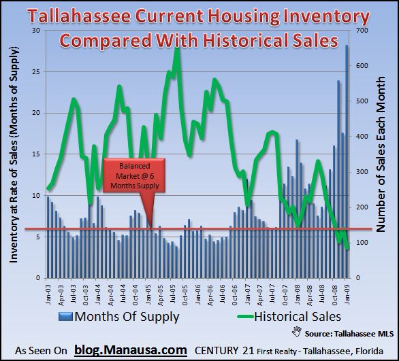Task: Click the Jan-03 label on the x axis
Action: coord(48,293)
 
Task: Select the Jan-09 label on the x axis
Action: coord(347,293)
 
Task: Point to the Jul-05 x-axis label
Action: coord(173,293)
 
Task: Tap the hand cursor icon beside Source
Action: coord(296,332)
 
